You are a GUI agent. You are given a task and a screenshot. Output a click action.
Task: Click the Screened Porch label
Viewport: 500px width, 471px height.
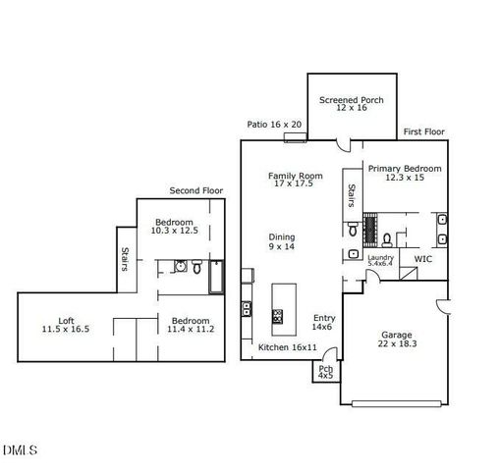[352, 105]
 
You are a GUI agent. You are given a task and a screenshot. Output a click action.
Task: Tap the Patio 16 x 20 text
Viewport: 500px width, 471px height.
[274, 125]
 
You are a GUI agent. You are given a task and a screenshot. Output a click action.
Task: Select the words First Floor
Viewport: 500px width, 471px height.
[424, 131]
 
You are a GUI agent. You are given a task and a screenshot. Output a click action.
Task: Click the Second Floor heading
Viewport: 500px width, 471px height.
[195, 190]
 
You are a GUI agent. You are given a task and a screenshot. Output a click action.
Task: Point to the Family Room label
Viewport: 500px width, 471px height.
[296, 180]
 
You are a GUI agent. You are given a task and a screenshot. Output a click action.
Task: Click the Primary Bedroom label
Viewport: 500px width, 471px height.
[405, 174]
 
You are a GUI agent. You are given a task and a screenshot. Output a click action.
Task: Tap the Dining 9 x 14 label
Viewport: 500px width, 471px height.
[282, 242]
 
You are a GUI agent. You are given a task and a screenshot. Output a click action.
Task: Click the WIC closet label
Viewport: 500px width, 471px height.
[422, 259]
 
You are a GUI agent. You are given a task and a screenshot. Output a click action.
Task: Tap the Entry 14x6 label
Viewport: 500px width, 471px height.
[324, 323]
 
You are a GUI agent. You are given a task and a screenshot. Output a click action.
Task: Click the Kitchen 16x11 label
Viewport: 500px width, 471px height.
[287, 347]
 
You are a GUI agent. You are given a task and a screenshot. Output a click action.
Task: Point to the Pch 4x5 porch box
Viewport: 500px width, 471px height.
[325, 372]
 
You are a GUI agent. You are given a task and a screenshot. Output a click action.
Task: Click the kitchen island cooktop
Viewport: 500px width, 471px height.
[277, 316]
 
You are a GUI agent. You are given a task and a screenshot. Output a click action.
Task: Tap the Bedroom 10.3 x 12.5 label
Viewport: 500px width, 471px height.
[174, 227]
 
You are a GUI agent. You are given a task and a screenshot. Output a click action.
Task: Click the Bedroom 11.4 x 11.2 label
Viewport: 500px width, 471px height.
[192, 325]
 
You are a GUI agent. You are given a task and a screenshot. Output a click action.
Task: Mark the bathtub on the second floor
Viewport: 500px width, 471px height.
[216, 278]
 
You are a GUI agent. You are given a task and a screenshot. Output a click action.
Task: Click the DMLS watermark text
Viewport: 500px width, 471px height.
[20, 450]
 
